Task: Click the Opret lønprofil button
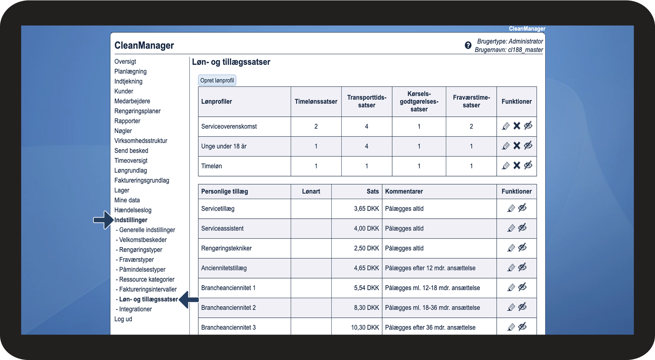(x=217, y=80)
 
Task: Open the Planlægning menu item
(x=130, y=72)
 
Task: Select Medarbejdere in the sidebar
(x=132, y=101)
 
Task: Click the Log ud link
(x=123, y=319)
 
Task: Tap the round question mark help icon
(x=468, y=45)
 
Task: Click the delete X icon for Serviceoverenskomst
(x=517, y=126)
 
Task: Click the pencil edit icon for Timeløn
(x=506, y=166)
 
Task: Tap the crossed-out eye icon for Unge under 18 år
(x=528, y=146)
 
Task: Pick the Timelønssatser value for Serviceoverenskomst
(x=316, y=126)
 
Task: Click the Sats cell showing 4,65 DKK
(x=366, y=268)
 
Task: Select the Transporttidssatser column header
(x=367, y=101)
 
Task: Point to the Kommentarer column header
(x=404, y=191)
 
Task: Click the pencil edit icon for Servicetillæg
(x=511, y=208)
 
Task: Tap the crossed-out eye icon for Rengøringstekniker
(x=522, y=248)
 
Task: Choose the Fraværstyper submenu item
(x=136, y=260)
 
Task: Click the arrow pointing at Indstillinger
(x=103, y=220)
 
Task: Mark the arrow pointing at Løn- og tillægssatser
(x=189, y=299)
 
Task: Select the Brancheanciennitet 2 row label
(x=228, y=308)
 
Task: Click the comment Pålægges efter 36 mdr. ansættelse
(x=430, y=327)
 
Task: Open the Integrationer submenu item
(x=135, y=309)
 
